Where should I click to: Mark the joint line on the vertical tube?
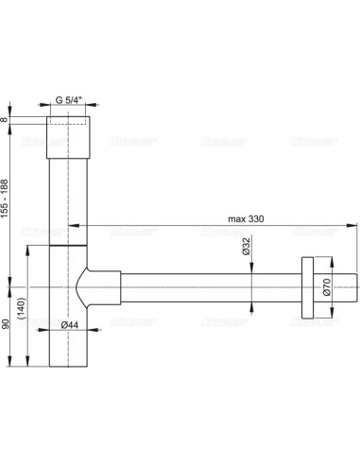[69, 244]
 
